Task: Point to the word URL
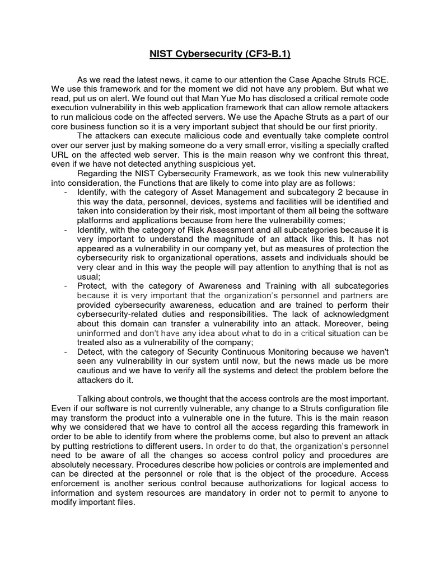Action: coord(60,154)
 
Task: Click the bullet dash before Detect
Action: coord(67,352)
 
